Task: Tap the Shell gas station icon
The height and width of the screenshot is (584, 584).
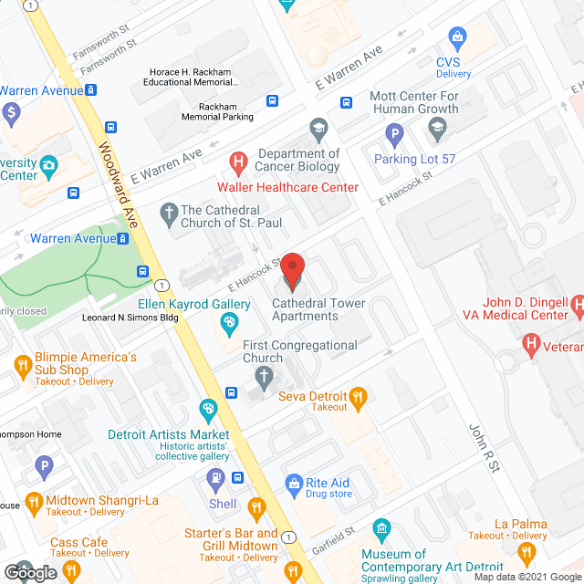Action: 215,476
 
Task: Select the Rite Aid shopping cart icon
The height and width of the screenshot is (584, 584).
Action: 294,483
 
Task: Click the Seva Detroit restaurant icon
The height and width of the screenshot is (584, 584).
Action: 359,396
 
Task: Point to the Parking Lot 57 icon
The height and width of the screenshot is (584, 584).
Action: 395,137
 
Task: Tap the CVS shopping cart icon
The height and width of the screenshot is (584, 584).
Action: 457,36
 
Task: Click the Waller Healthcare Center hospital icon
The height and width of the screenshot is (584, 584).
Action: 238,164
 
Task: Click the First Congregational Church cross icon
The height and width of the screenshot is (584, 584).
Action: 264,376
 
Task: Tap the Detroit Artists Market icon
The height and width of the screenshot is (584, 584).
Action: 208,409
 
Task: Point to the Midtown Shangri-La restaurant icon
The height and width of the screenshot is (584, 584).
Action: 34,500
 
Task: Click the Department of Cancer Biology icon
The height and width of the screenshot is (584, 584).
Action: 318,127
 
